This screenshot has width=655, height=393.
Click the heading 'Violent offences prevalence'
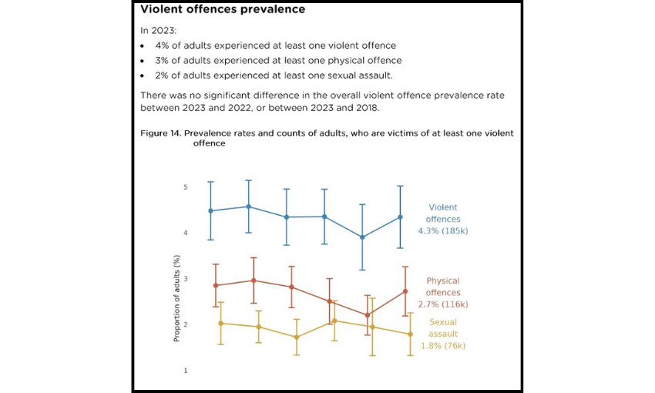[222, 10]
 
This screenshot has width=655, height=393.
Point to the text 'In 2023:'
[157, 31]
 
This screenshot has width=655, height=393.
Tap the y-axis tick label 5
[186, 187]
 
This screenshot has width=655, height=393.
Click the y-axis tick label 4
[186, 233]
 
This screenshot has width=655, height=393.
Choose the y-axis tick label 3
[186, 279]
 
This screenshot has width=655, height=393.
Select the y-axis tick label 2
[186, 324]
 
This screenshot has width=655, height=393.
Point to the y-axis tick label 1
[186, 371]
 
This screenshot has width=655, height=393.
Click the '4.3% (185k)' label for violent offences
[442, 230]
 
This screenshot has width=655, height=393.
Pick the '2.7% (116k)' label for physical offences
[442, 304]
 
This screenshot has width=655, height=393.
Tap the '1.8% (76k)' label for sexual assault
[443, 345]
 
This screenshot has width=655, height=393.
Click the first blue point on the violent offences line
[211, 210]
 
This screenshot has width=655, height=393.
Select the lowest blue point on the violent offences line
[362, 237]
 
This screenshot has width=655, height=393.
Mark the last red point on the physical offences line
[405, 291]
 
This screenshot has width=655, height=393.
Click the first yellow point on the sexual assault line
[220, 323]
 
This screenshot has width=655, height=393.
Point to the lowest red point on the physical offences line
[368, 315]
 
